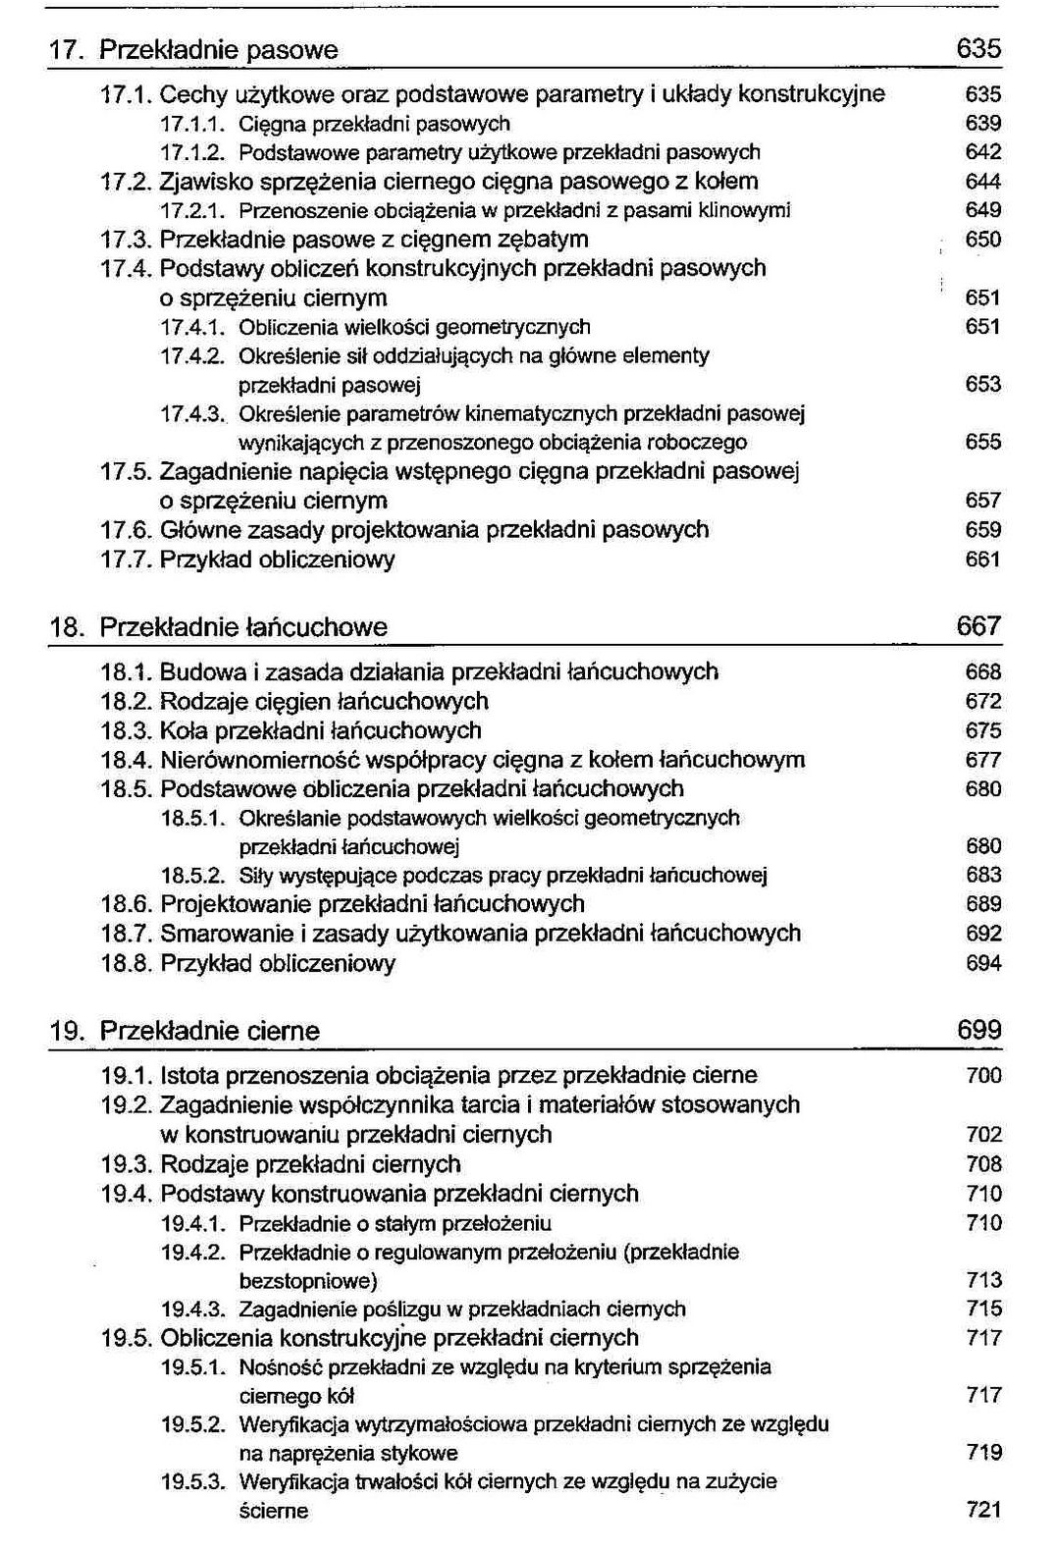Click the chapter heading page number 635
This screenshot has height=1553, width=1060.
pyautogui.click(x=979, y=48)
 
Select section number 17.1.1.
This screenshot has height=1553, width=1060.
pyautogui.click(x=192, y=124)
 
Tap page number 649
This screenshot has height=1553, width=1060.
pyautogui.click(x=982, y=210)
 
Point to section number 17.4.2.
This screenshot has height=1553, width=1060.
pyautogui.click(x=192, y=355)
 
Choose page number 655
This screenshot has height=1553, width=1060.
pyautogui.click(x=982, y=442)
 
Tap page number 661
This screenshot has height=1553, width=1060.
pyautogui.click(x=982, y=560)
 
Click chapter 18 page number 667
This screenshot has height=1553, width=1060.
pyautogui.click(x=979, y=625)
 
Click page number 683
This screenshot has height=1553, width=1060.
pyautogui.click(x=982, y=875)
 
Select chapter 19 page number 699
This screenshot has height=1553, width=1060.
pyautogui.click(x=979, y=1030)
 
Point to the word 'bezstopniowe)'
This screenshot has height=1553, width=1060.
pyautogui.click(x=308, y=1280)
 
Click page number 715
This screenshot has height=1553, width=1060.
pyautogui.click(x=982, y=1309)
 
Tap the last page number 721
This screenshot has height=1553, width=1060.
pyautogui.click(x=982, y=1510)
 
